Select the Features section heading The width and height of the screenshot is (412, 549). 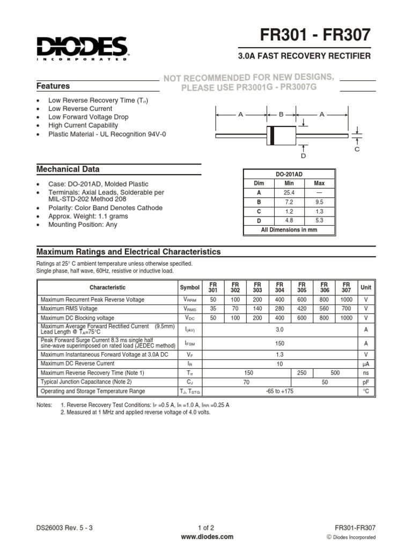(x=53, y=86)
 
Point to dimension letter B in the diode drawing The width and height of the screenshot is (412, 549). (x=281, y=114)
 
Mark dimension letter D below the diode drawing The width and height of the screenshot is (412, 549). (x=303, y=155)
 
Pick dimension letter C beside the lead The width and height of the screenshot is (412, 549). (x=356, y=149)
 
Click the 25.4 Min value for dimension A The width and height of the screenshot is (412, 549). (x=289, y=192)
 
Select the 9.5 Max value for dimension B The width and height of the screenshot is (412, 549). (x=319, y=202)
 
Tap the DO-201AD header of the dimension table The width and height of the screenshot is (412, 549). (x=289, y=174)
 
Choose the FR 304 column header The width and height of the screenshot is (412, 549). (x=279, y=287)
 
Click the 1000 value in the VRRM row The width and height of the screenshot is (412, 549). (x=347, y=300)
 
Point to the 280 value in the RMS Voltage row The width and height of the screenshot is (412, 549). (x=279, y=309)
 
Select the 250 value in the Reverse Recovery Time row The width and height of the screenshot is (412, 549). (x=301, y=373)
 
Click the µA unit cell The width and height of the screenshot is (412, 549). (x=366, y=363)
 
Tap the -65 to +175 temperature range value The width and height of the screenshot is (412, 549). (x=279, y=391)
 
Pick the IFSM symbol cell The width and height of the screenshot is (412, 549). (x=190, y=343)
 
